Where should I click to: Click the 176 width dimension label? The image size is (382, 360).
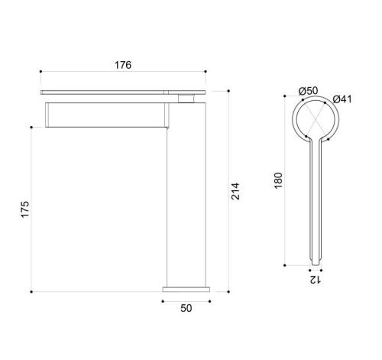point(123,65)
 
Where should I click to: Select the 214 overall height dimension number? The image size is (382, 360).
point(235,191)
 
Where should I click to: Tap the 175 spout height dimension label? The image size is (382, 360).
point(25,209)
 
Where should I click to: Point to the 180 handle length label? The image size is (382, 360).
point(279,180)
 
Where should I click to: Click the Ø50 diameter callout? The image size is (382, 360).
point(309,91)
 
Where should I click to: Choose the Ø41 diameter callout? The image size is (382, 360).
point(342,99)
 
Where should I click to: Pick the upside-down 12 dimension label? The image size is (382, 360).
point(315,280)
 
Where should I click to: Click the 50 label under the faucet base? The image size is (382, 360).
point(186,308)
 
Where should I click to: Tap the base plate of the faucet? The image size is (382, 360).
point(186,290)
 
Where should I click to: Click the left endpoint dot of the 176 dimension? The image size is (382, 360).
point(40,72)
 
